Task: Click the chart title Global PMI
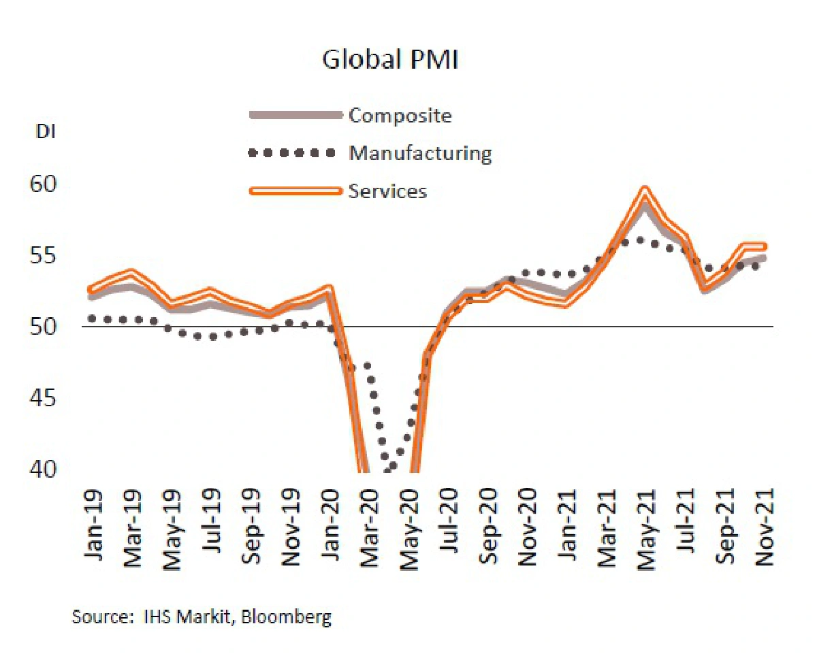[x=389, y=60]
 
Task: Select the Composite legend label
[x=400, y=116]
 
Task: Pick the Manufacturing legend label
[x=420, y=153]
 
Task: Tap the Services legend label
[x=387, y=191]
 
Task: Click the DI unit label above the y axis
[x=46, y=132]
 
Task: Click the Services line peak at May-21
[x=644, y=189]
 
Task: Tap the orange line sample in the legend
[x=294, y=191]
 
